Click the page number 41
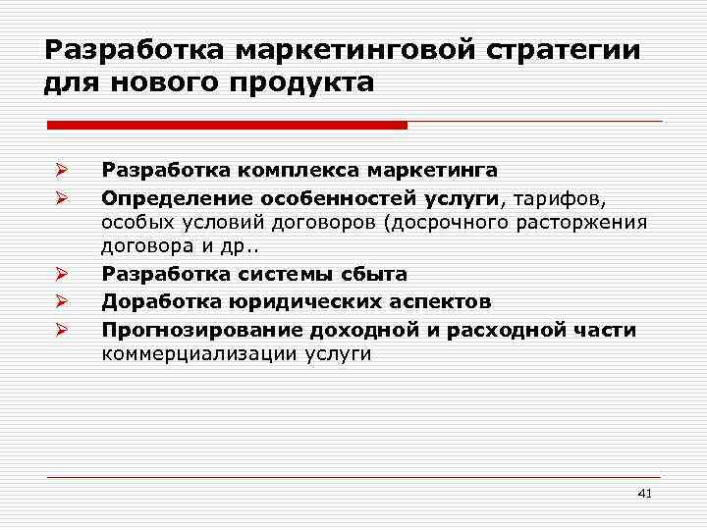coord(644,493)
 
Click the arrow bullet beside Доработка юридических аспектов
coord(60,302)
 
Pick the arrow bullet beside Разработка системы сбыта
coord(60,276)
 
